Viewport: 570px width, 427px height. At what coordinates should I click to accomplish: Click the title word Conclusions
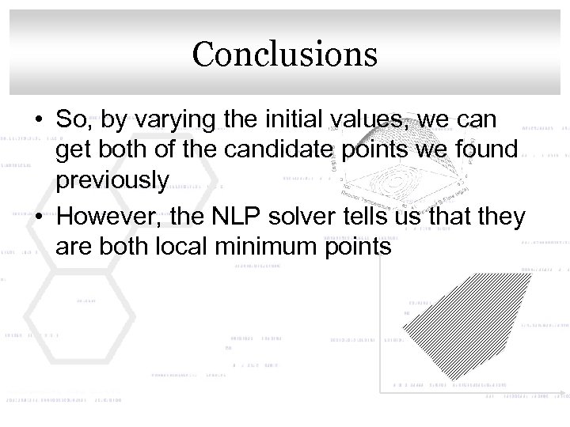pyautogui.click(x=284, y=54)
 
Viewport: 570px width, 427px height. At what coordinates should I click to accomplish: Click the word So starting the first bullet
pyautogui.click(x=70, y=120)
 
